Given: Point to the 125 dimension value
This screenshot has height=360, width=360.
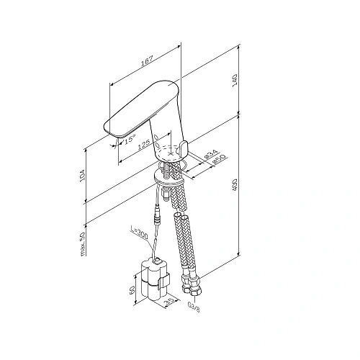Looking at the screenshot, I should click(145, 143).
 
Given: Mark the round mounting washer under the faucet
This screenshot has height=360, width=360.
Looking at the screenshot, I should click(168, 174).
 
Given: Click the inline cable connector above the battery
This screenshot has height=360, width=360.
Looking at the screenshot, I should click(156, 215).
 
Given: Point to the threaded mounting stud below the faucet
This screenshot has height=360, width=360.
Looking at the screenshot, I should click(171, 170).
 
